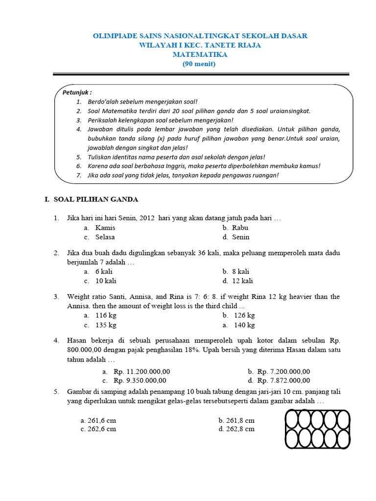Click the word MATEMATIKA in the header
[x=200, y=54]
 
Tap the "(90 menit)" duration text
[x=199, y=64]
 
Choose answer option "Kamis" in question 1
[x=105, y=228]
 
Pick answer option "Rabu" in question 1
[x=240, y=228]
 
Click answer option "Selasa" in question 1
[x=105, y=237]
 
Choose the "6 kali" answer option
[x=104, y=272]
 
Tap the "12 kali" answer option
[x=243, y=281]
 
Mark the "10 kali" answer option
[x=106, y=281]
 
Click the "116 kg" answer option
[x=106, y=316]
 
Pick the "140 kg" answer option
[x=244, y=325]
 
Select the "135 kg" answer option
[x=106, y=325]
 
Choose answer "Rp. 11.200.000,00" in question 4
[x=141, y=371]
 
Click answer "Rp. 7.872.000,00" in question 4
[x=283, y=380]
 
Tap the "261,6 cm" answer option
[x=102, y=420]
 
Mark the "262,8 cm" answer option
[x=240, y=429]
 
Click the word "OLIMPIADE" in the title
[x=114, y=36]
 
